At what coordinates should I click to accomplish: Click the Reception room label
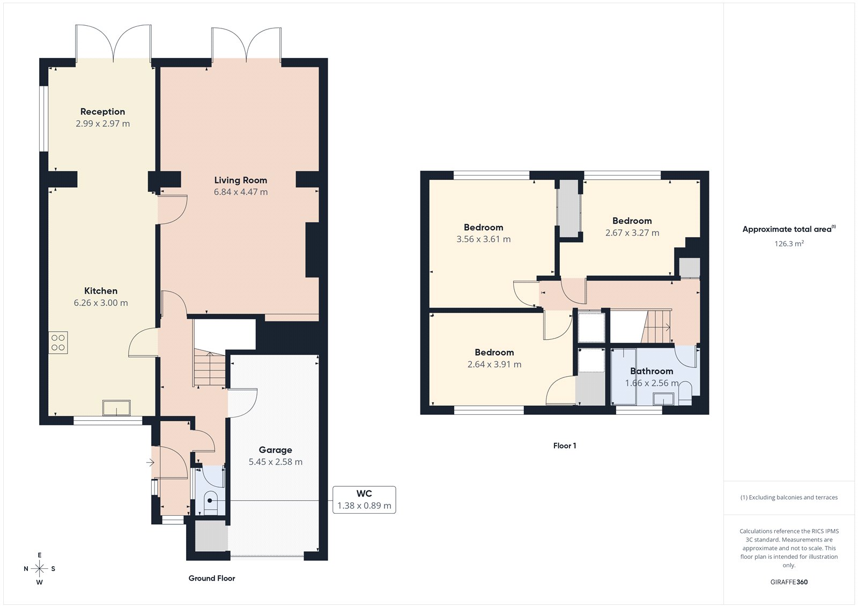(102, 112)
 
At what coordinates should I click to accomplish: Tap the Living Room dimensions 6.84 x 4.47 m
(241, 192)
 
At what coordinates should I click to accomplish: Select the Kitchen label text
(101, 291)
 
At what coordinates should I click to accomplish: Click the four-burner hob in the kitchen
(58, 342)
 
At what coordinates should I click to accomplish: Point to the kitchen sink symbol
(117, 408)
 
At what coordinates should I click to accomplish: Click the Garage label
(275, 450)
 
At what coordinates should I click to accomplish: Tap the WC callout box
(364, 500)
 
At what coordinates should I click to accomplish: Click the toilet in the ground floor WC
(211, 501)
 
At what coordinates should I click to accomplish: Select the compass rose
(39, 568)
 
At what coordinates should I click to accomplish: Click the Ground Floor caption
(212, 578)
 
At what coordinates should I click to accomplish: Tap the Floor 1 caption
(565, 445)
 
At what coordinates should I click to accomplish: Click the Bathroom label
(652, 371)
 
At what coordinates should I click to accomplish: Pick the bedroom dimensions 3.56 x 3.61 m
(483, 239)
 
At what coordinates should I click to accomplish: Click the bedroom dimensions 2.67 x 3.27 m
(632, 233)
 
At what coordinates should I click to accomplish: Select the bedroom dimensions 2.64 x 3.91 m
(494, 364)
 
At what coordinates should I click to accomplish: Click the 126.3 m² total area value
(789, 244)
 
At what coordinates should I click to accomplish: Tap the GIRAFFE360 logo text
(789, 582)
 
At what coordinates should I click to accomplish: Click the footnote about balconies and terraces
(789, 498)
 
